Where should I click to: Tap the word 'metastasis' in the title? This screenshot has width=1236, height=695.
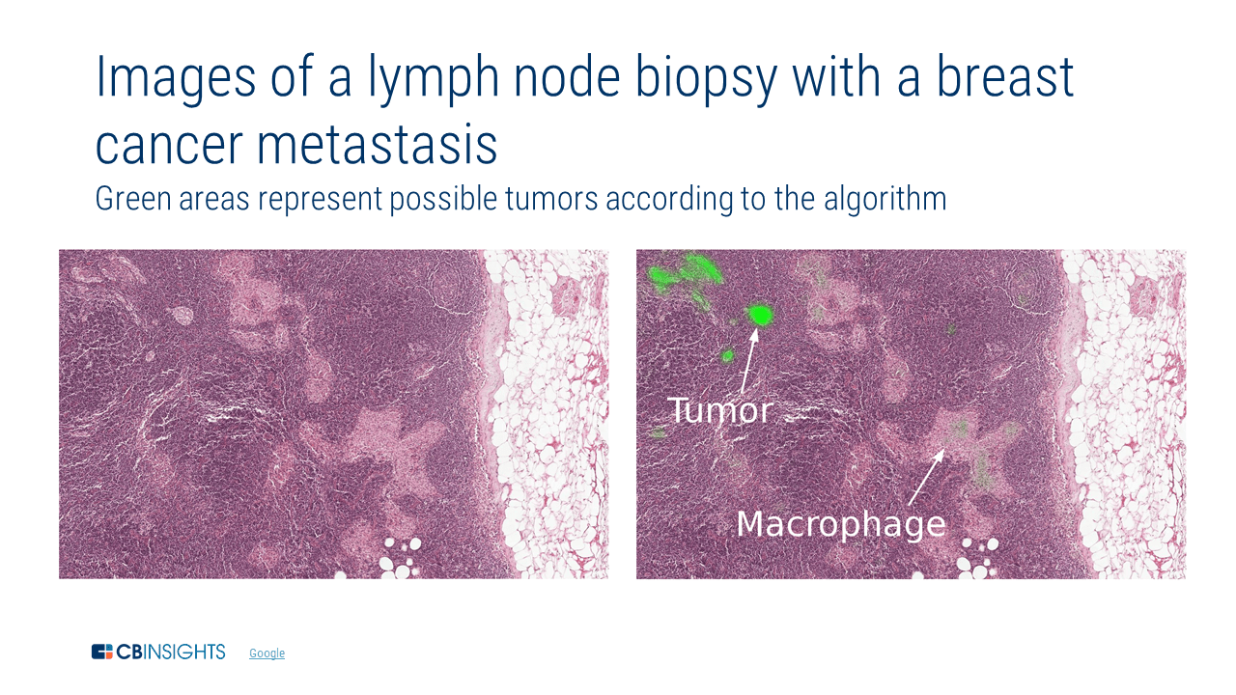(x=377, y=145)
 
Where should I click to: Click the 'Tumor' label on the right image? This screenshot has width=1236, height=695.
(x=719, y=410)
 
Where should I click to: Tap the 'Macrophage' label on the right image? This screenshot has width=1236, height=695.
(x=841, y=524)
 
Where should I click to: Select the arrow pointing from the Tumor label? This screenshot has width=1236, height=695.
(x=749, y=361)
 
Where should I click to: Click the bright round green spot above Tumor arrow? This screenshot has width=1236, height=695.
(x=760, y=315)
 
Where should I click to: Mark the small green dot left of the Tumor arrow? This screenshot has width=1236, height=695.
(x=727, y=356)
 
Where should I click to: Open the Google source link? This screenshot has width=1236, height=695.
(x=267, y=653)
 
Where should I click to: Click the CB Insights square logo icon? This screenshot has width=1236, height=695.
(x=102, y=652)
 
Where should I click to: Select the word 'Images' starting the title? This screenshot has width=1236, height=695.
(x=176, y=78)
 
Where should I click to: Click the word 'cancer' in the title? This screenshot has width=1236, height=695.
(x=169, y=146)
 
